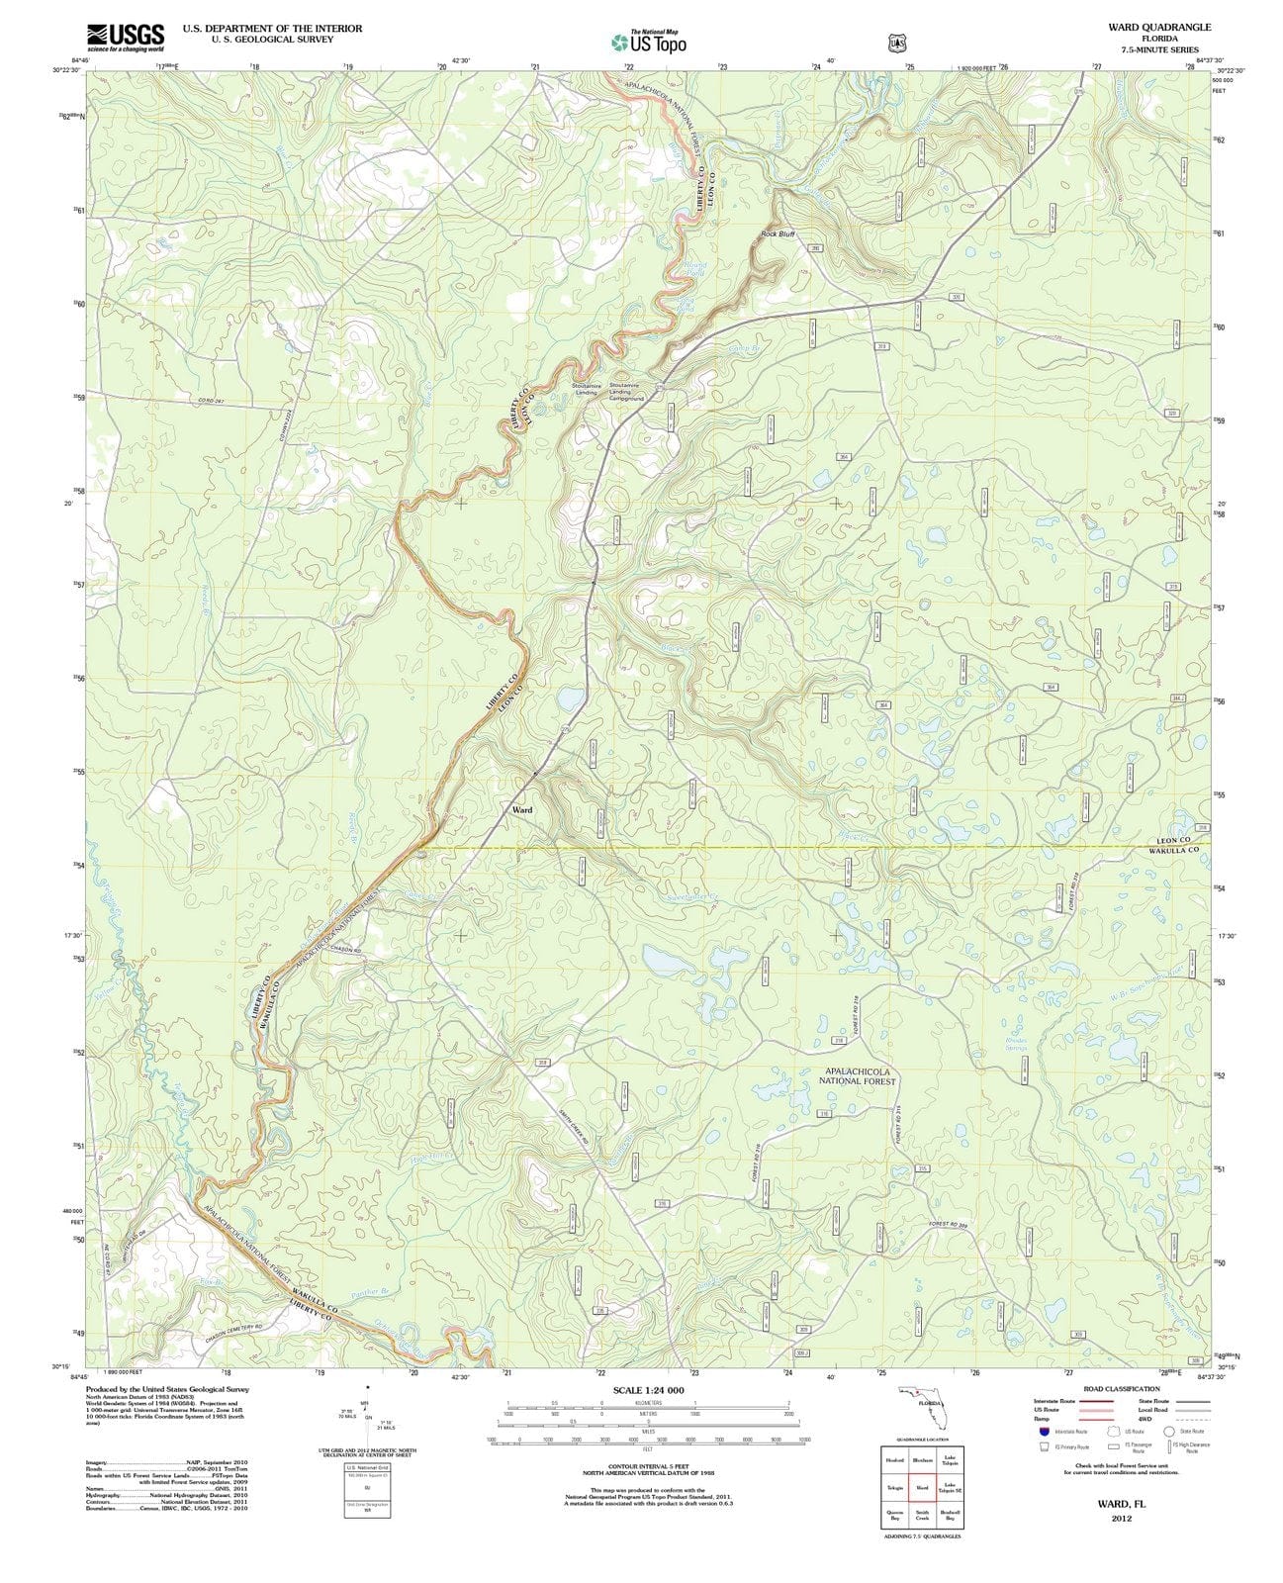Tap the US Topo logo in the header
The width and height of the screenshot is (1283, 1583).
(648, 42)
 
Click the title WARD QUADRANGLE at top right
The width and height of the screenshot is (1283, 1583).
(1159, 28)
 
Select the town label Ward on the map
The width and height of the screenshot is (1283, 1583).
(522, 809)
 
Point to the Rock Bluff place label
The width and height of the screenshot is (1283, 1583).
(779, 234)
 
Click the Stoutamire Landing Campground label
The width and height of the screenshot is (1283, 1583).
(626, 392)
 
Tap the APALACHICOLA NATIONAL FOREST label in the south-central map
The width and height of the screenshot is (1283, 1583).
(856, 1076)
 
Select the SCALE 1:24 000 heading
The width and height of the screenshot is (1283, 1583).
(648, 1390)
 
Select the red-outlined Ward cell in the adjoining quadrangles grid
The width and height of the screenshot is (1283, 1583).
(922, 1487)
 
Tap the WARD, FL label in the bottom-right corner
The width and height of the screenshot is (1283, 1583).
(1121, 1502)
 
